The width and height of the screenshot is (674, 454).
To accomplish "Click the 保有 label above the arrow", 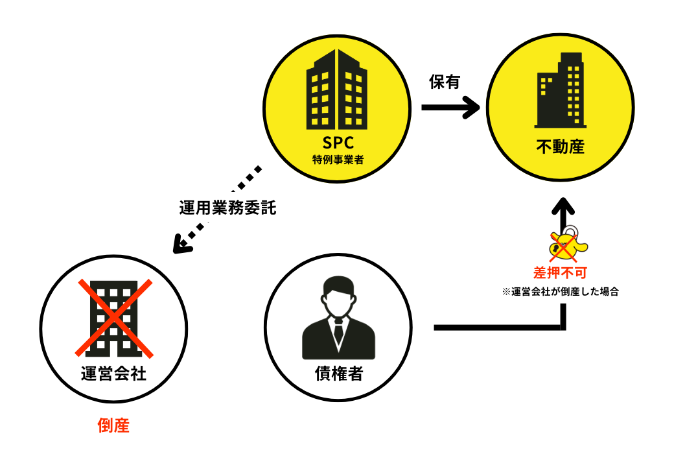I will [445, 82].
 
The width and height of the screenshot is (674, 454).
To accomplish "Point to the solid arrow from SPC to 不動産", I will [451, 108].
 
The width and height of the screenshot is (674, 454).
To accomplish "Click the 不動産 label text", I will [561, 147].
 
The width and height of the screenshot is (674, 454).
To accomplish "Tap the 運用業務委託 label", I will [227, 209].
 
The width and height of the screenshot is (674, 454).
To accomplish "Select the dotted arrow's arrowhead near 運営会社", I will [184, 245].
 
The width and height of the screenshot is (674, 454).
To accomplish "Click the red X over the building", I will [114, 318].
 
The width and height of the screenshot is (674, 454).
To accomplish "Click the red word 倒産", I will [114, 425].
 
